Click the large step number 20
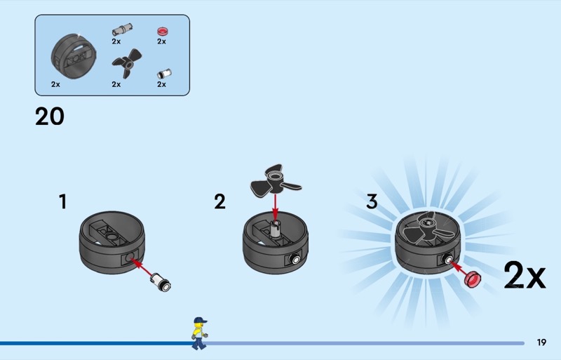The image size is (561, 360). (50, 116)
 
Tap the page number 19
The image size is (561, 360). (541, 342)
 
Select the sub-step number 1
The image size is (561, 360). (62, 202)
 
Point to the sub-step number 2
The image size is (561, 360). (220, 202)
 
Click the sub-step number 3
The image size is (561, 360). (372, 202)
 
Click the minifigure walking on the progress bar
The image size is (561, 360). (199, 333)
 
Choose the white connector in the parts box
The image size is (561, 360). (162, 72)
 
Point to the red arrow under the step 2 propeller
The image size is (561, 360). (275, 205)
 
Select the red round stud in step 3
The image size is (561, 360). (475, 279)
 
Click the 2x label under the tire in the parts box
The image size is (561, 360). (55, 84)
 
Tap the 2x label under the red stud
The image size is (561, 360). (161, 41)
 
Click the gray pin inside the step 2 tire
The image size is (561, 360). (276, 228)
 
